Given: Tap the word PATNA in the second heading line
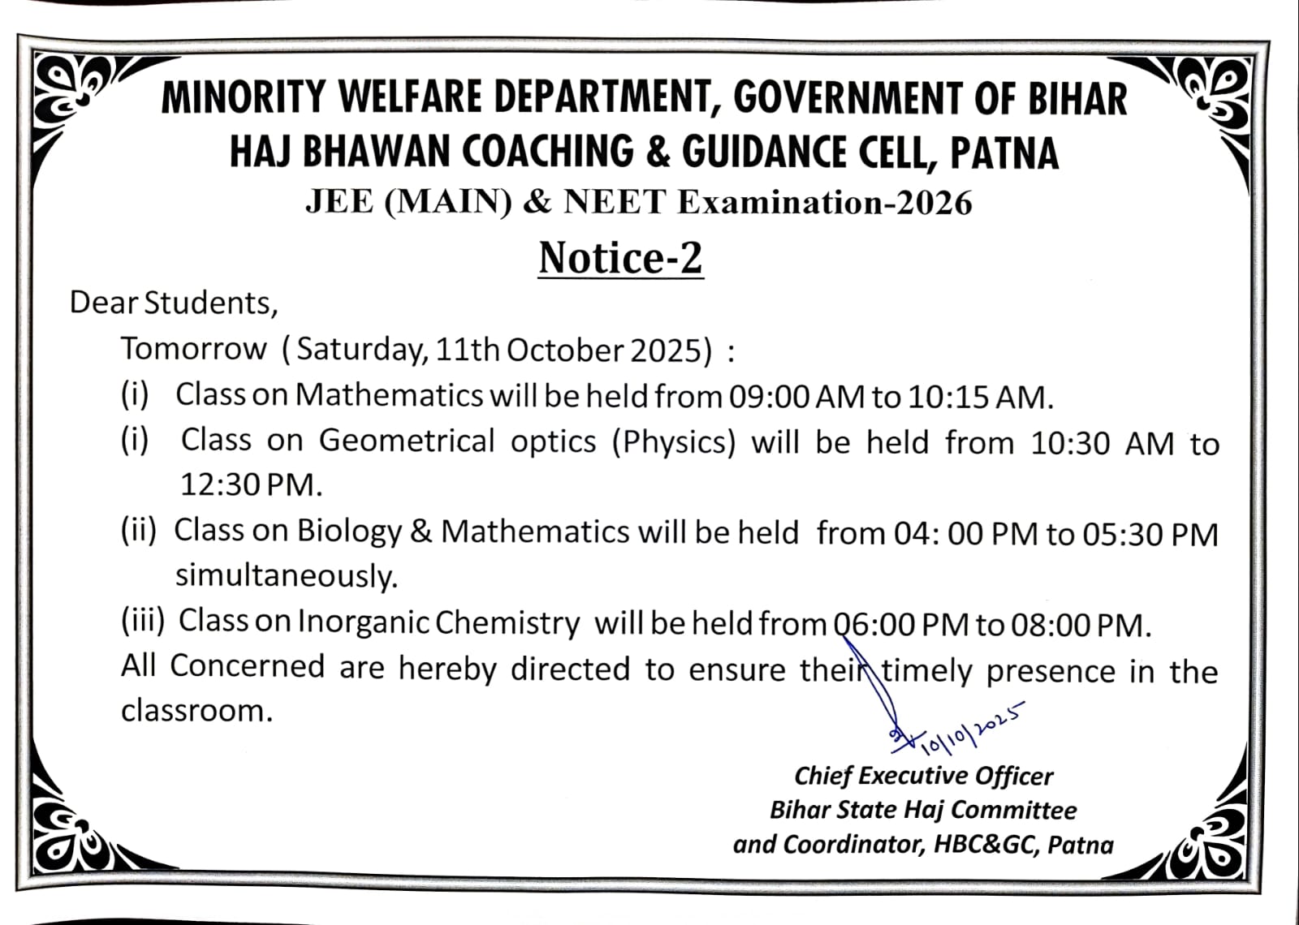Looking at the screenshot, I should tap(1004, 153).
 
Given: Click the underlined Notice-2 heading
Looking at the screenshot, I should tap(620, 258).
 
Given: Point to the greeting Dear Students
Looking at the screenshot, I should tap(173, 303).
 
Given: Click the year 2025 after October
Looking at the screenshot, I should tap(666, 351).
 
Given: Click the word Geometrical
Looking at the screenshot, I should tap(406, 441).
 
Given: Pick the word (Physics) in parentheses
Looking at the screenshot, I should tap(673, 442).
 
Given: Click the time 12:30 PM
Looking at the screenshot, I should tap(250, 485).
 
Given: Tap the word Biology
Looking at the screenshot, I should tap(349, 531).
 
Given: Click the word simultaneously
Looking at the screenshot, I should tap(286, 576).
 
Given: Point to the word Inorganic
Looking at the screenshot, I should tap(363, 622).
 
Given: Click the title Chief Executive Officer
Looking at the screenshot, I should tap(923, 776).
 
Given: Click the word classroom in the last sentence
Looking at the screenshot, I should tap(196, 711).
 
